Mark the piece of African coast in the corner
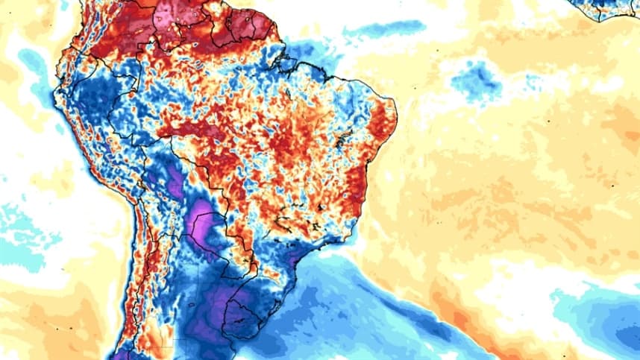point(612,9)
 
